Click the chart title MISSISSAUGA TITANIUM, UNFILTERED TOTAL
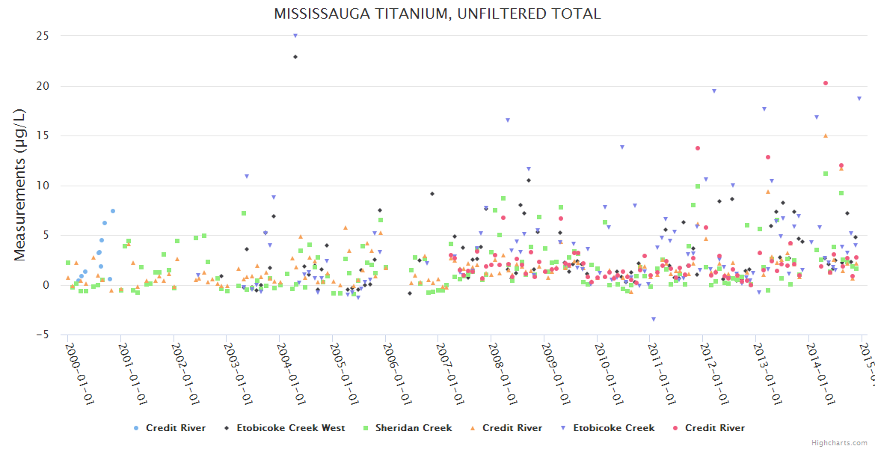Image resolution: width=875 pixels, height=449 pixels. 437,13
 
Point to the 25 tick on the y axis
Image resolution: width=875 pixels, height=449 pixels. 43,36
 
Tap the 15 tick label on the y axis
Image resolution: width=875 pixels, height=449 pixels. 43,135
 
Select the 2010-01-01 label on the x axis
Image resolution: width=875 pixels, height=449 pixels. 610,373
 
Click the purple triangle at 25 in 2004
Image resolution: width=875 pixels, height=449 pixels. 295,35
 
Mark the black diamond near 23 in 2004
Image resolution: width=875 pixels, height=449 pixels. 295,57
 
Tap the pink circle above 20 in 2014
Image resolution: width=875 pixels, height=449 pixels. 826,83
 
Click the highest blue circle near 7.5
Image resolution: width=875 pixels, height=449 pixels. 113,211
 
